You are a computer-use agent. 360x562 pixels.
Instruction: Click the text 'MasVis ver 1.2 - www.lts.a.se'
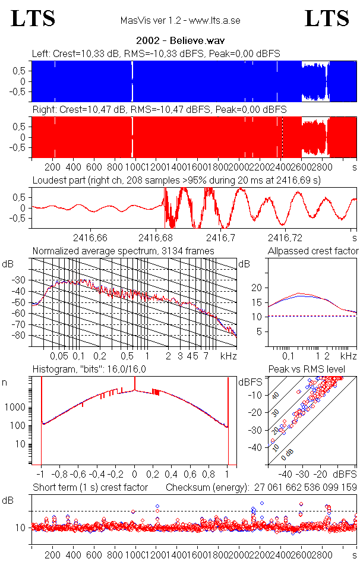180,21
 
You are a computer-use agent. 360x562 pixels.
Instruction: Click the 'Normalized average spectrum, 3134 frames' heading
123,251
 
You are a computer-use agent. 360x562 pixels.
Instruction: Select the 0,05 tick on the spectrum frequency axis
59,356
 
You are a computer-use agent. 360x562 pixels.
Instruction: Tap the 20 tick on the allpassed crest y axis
257,288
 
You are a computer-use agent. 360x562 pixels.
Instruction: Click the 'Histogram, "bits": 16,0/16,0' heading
89,370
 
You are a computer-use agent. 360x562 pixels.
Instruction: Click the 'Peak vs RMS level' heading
315,370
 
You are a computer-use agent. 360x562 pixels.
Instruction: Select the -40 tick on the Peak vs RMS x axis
285,475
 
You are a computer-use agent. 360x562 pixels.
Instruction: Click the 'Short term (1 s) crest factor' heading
90,488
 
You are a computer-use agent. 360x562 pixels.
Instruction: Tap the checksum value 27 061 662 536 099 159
306,488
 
